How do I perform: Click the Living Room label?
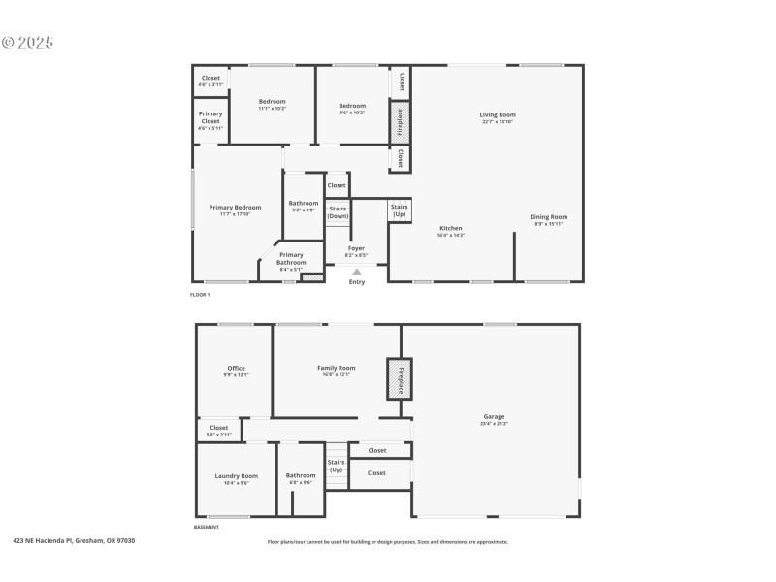pos(497,115)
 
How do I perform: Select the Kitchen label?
pos(450,229)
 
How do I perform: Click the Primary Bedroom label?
pos(235,208)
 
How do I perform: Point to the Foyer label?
pos(357,248)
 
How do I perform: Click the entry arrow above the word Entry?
pos(357,272)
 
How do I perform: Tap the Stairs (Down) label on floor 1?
pos(338,211)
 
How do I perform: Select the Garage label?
pos(493,417)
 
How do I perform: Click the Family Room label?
pos(337,368)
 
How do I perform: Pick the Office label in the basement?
pos(236,369)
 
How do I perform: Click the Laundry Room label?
pos(236,476)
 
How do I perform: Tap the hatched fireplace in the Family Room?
pos(397,378)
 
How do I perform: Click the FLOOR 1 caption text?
pos(200,293)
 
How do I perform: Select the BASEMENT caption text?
pos(207,528)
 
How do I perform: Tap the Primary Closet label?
pos(210,117)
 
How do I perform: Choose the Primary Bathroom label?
pos(291,258)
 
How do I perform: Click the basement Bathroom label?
pos(301,475)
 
